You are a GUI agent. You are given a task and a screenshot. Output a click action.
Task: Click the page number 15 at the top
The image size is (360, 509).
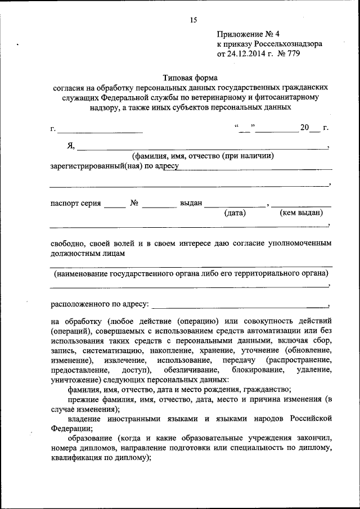[x=193, y=20]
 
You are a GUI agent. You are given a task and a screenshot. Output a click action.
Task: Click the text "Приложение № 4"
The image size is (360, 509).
[x=244, y=34]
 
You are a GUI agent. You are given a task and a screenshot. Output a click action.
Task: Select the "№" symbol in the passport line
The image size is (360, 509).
[x=134, y=203]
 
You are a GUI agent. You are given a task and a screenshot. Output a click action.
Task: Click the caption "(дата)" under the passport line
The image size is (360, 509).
[x=235, y=213]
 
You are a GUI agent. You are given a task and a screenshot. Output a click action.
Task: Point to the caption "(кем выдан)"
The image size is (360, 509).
[x=301, y=213]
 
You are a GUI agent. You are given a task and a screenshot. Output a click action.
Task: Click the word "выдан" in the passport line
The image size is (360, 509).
[x=191, y=203]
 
